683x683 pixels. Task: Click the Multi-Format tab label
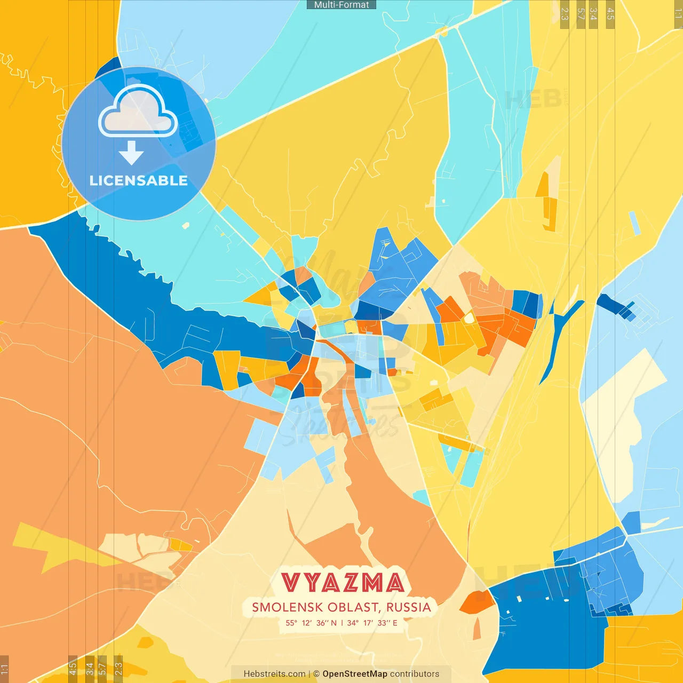tap(341, 5)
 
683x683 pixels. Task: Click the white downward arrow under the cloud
tap(131, 153)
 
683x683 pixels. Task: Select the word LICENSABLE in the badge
tap(138, 181)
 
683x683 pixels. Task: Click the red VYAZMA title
tap(342, 583)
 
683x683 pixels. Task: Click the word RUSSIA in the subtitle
tap(408, 607)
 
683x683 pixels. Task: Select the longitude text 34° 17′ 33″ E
tap(372, 623)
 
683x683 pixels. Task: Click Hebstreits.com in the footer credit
tap(275, 674)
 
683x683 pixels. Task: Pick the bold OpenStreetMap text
tap(355, 674)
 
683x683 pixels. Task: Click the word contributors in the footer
tap(415, 674)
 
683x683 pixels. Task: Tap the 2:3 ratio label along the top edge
tap(565, 14)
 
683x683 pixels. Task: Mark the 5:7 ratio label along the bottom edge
tap(102, 669)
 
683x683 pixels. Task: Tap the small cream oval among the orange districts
tap(468, 319)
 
